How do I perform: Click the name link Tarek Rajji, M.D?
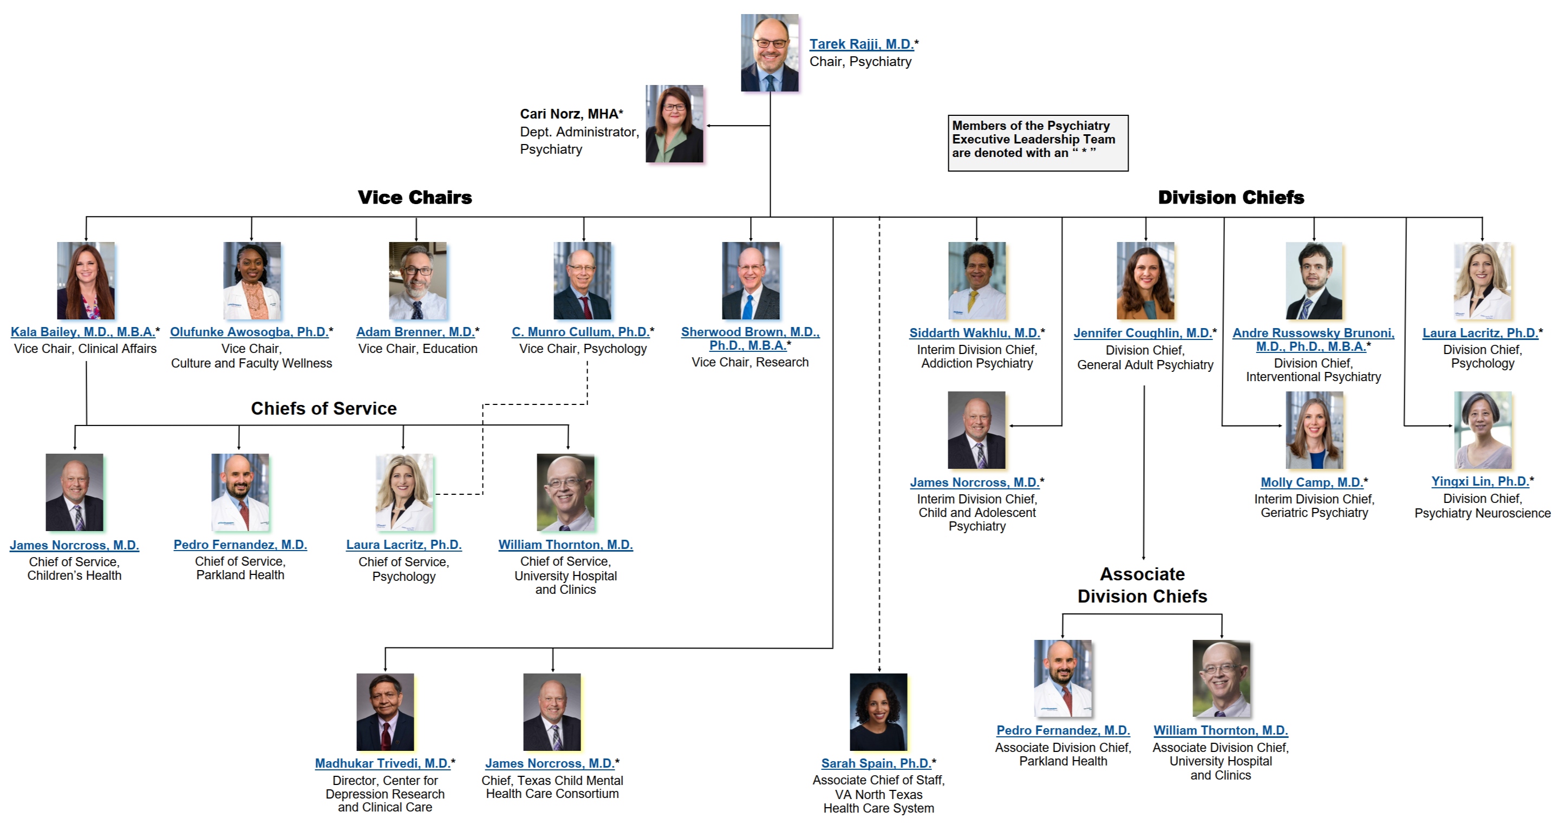point(861,44)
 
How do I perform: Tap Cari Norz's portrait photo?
point(674,124)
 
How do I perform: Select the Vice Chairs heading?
point(414,197)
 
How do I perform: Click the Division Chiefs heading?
point(1231,197)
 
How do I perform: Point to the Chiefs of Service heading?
point(324,408)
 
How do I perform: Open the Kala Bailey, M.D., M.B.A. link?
point(83,332)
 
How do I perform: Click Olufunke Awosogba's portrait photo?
point(252,280)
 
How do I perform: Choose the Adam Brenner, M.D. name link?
point(415,332)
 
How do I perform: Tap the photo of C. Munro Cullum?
point(583,280)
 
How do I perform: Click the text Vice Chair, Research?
point(750,362)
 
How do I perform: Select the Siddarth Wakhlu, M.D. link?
point(974,333)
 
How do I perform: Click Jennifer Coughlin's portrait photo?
point(1145,280)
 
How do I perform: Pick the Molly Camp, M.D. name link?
point(1311,483)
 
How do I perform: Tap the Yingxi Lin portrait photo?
point(1482,430)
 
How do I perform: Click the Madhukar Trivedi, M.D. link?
point(382,764)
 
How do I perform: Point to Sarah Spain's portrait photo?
point(878,712)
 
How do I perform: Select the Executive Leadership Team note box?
point(1038,143)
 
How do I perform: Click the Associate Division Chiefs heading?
point(1142,585)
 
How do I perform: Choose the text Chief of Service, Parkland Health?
point(240,568)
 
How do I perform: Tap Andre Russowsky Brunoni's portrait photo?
point(1314,280)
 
